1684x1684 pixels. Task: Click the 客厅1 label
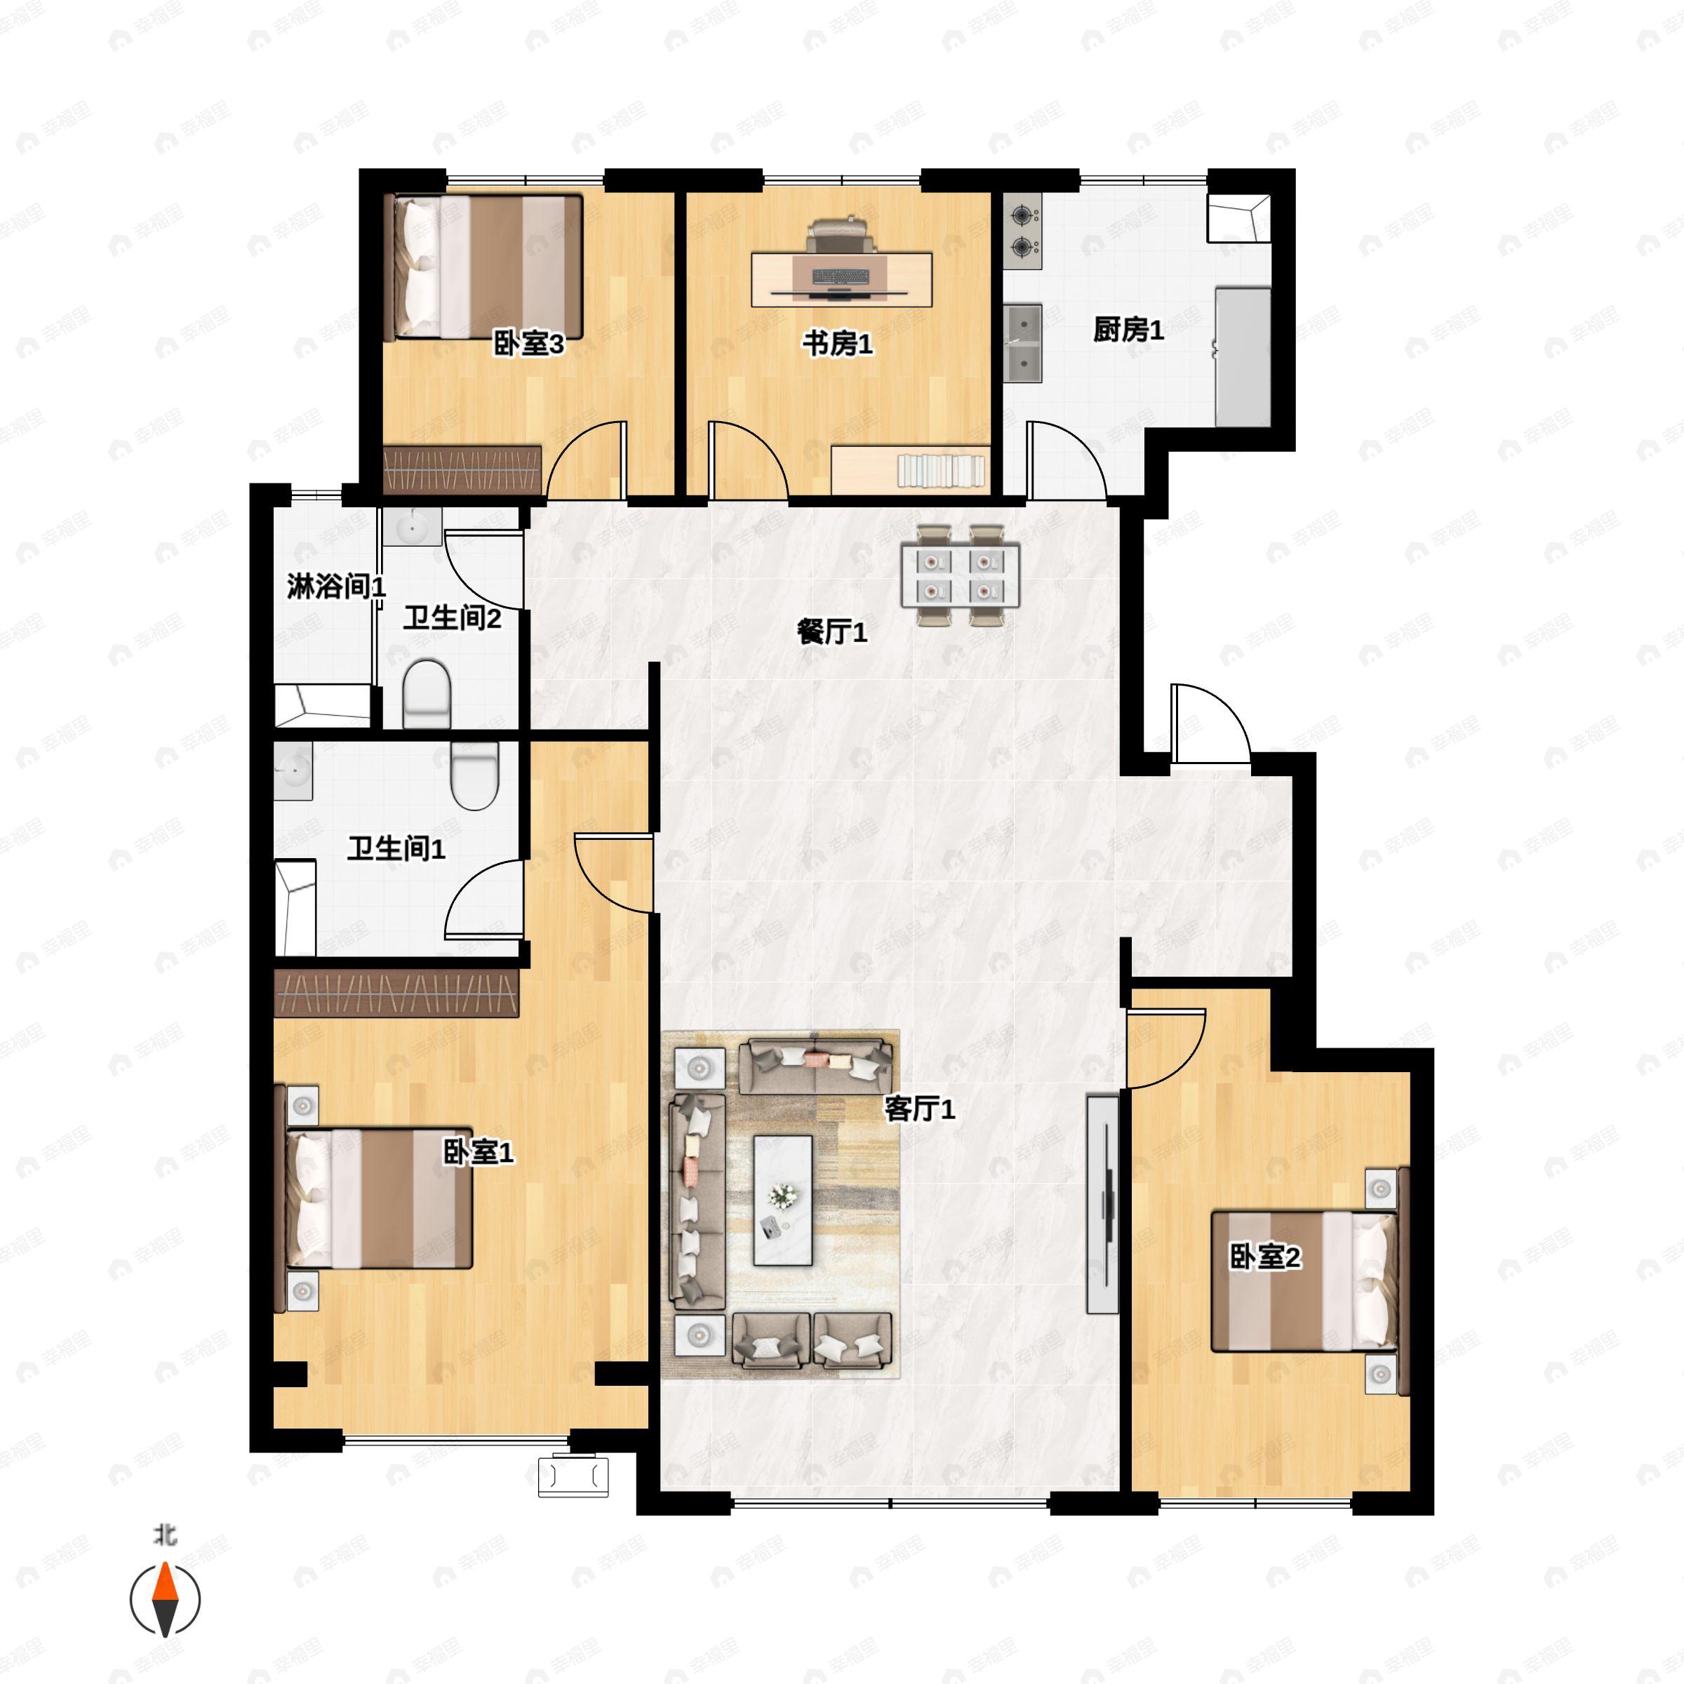(920, 1109)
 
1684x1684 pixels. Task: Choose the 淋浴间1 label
(335, 587)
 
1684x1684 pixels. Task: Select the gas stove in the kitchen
(1022, 230)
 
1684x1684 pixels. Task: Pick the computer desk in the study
(841, 277)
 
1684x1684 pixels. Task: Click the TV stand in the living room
(1102, 1204)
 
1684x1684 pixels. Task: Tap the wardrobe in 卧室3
(462, 470)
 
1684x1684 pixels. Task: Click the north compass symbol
(165, 1600)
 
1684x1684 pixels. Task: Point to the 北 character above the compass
(165, 1533)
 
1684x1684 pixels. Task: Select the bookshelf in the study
(942, 471)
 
